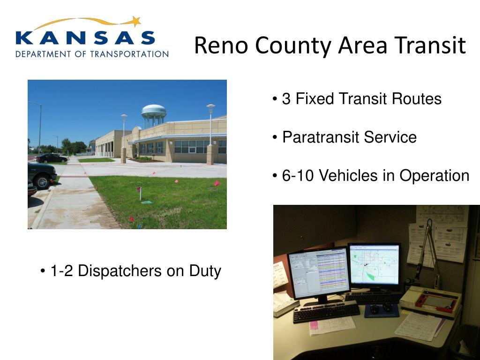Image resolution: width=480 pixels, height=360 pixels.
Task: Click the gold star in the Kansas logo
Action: tap(136, 22)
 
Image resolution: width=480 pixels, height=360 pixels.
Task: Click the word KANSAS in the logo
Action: tap(85, 38)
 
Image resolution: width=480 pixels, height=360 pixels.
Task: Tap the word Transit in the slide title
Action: tap(430, 45)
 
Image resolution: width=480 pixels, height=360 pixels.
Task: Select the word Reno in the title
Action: tap(221, 45)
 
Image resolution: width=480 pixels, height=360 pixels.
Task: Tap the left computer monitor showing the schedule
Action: tap(319, 273)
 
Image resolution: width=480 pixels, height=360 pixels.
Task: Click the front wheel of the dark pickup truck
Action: tap(42, 182)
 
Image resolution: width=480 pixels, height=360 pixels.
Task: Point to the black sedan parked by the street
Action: tap(51, 158)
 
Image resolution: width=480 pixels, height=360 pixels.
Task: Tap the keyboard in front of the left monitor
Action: tap(326, 312)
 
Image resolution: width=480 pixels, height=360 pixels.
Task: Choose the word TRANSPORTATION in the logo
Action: tap(129, 54)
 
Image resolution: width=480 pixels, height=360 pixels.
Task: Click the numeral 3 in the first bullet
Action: tap(286, 99)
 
